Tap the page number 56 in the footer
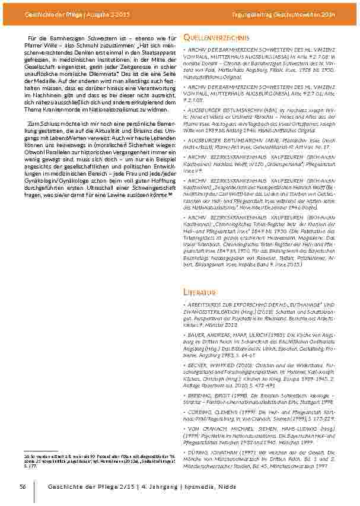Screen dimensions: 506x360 23,486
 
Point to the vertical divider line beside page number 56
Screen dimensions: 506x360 34,486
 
